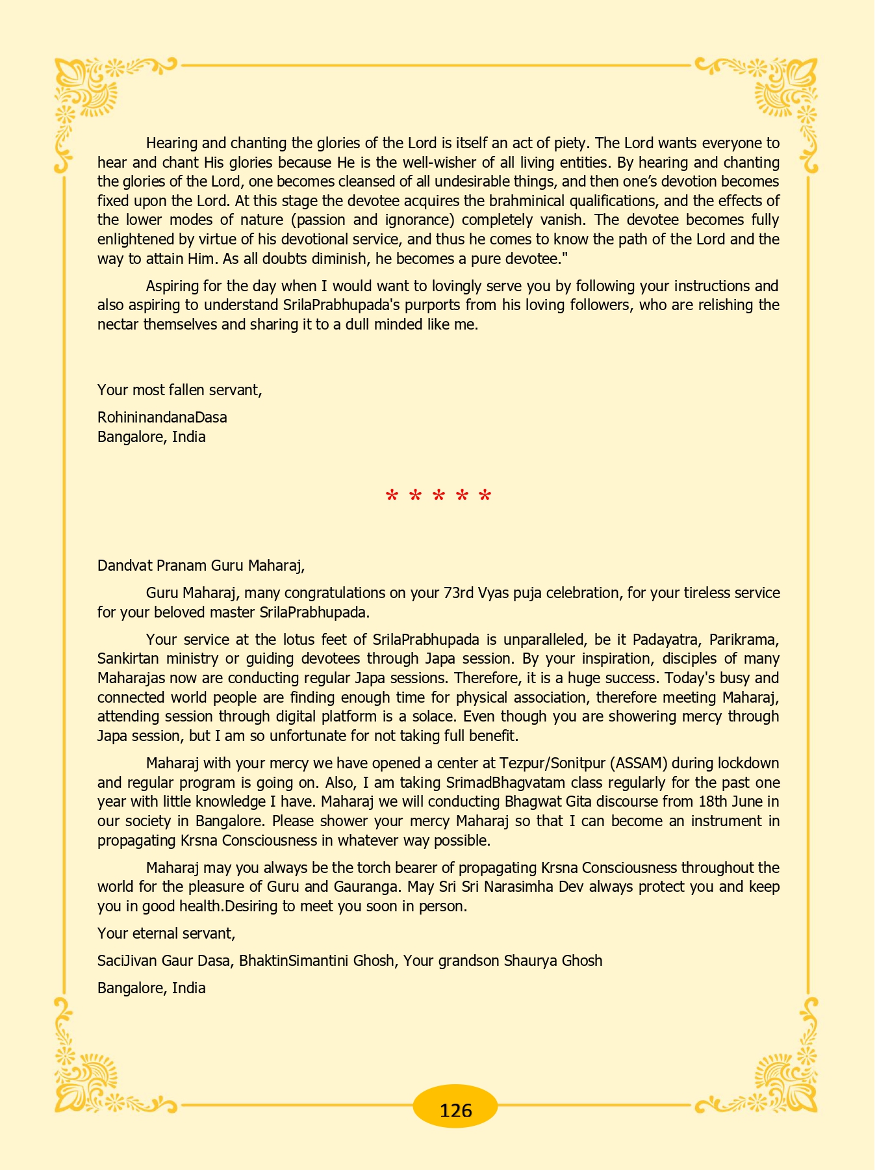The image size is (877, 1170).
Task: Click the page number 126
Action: [455, 1110]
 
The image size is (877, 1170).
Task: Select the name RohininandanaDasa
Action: [162, 417]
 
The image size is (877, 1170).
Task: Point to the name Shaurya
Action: [527, 961]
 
